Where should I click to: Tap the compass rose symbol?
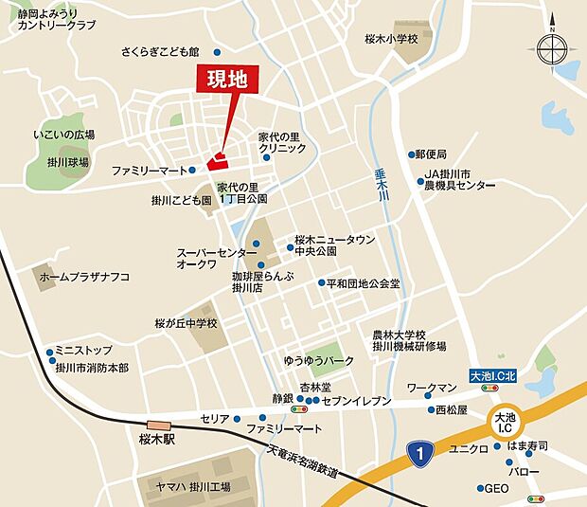click(550, 45)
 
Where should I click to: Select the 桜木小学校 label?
click(399, 39)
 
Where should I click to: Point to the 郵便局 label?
click(430, 154)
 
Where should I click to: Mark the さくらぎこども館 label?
click(160, 52)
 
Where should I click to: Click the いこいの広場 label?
click(63, 136)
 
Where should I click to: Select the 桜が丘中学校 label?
click(187, 323)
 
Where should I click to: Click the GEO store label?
click(497, 489)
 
